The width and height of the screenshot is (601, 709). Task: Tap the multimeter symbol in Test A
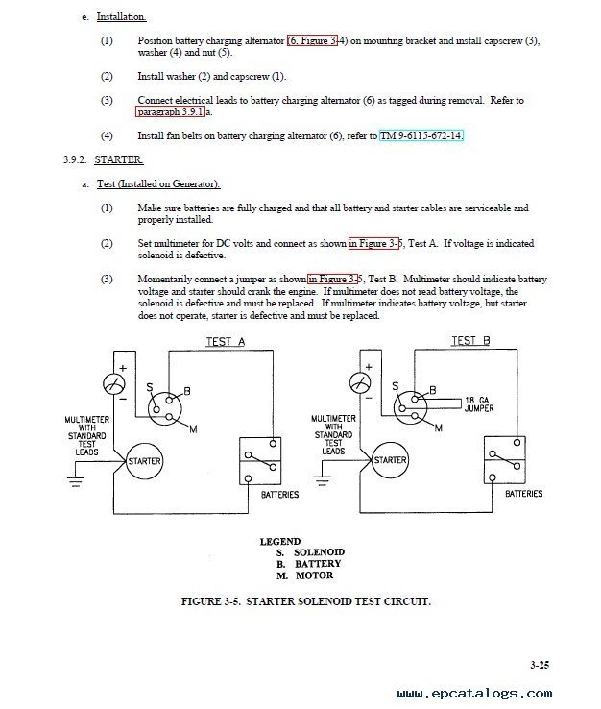point(114,385)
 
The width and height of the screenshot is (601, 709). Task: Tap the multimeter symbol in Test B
point(360,383)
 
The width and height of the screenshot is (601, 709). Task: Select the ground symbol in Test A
point(76,482)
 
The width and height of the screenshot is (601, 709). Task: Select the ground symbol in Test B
point(322,480)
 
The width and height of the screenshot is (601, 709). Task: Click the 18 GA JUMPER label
point(479,404)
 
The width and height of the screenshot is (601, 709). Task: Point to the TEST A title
point(226,342)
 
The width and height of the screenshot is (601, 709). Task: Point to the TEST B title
point(470,340)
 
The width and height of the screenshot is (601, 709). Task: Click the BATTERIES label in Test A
point(279,495)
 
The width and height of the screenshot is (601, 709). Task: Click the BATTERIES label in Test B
point(524,493)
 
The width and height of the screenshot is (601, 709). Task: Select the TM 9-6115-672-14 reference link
point(421,135)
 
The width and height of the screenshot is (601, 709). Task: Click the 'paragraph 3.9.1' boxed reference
point(170,111)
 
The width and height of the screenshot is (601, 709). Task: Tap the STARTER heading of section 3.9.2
point(119,160)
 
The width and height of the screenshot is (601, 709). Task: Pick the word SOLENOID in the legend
point(319,552)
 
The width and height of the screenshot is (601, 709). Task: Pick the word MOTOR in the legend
point(314,575)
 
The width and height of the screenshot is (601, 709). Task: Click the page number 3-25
point(540,665)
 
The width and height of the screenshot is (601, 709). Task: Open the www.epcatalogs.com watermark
point(474,694)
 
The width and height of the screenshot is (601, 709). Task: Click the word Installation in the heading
point(121,17)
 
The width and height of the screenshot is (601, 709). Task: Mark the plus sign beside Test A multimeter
point(123,368)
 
